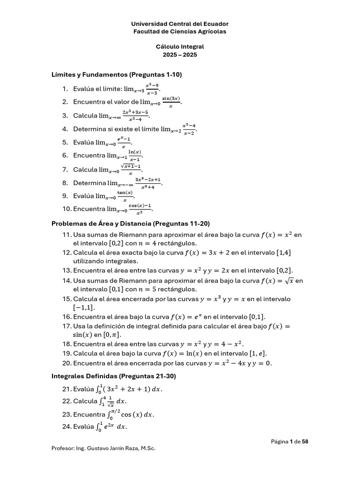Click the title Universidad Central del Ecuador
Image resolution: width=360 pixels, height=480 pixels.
pos(180,23)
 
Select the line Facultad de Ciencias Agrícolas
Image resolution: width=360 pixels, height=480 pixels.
pos(180,31)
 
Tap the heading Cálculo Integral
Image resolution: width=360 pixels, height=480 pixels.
pos(180,47)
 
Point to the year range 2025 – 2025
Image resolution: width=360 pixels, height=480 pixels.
pos(180,54)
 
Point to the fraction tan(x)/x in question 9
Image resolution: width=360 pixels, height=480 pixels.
pos(125,196)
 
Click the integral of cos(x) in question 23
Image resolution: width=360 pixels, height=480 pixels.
pos(130,414)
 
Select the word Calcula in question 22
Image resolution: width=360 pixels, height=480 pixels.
pos(84,401)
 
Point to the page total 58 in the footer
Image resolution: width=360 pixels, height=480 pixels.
pos(305,441)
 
